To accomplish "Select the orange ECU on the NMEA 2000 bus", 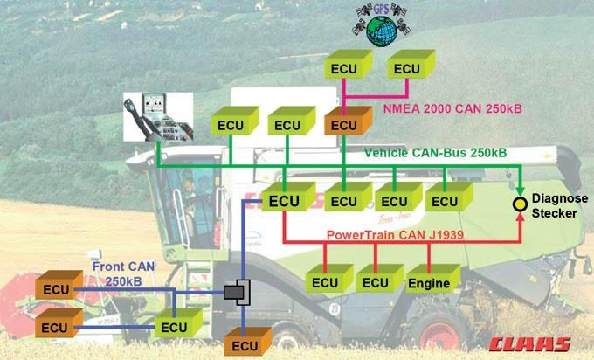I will click(343, 124).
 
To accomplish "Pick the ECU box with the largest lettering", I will click(286, 201).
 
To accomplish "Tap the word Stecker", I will click(558, 212).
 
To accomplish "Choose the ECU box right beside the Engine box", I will click(375, 282).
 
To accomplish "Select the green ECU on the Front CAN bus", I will click(174, 327).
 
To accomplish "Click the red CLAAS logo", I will click(530, 343).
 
